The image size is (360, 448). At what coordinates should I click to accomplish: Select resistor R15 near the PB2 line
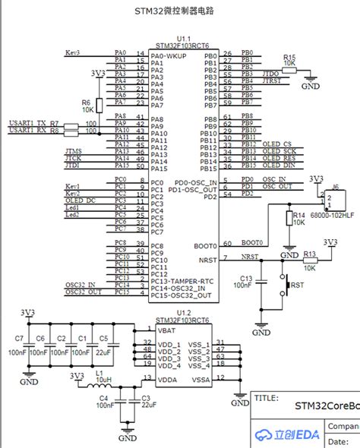289,65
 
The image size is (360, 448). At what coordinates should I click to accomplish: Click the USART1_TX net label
27,123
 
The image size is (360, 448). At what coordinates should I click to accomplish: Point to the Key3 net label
73,54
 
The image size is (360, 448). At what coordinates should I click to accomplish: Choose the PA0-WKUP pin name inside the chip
168,56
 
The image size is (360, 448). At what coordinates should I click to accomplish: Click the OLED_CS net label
276,144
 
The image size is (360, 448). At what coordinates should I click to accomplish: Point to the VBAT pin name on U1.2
167,332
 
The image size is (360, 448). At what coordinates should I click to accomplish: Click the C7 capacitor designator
20,338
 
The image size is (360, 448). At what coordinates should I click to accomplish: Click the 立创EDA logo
287,434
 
